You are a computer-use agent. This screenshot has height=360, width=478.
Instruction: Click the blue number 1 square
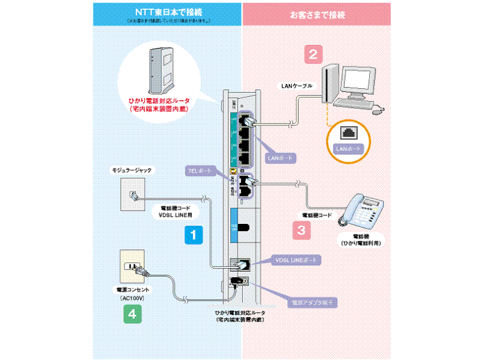pos(193,234)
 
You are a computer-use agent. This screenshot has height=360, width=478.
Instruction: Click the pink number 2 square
pos(313,53)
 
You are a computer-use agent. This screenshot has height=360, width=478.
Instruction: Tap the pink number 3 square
pos(301,230)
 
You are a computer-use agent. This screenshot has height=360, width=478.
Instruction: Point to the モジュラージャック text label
pos(131,170)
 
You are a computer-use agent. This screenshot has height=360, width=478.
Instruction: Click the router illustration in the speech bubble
pos(162,69)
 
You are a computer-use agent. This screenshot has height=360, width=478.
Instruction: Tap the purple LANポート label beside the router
pos(278,159)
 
